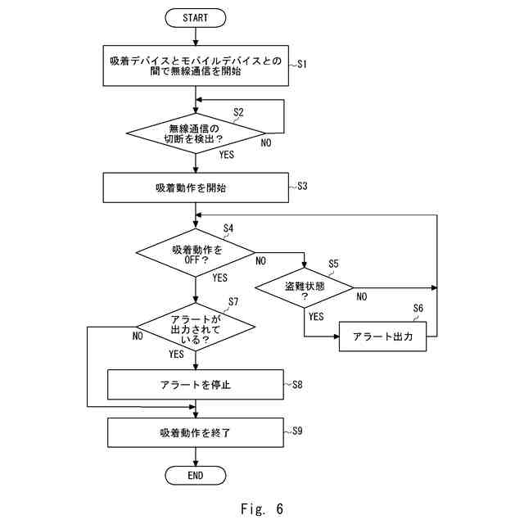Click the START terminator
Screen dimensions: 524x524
[196, 18]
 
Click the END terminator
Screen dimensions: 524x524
[196, 475]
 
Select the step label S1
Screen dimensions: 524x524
[302, 64]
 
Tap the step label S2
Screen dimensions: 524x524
[238, 112]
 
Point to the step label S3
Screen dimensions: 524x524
[302, 186]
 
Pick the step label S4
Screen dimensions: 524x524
[228, 228]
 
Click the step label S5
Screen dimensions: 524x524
[333, 264]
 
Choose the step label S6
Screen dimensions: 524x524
[418, 308]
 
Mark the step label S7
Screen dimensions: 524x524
[233, 302]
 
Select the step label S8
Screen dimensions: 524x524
[297, 385]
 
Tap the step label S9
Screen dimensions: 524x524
[297, 431]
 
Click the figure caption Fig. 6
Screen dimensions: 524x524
[262, 509]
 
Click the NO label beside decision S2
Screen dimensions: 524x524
[266, 142]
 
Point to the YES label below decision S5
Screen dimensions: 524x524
[316, 316]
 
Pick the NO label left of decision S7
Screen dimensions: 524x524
[138, 336]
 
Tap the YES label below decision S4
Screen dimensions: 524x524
[220, 278]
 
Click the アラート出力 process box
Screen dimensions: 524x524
[382, 337]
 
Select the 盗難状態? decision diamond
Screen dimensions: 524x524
[304, 287]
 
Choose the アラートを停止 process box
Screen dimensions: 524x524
[196, 385]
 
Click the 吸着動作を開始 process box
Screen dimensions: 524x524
[196, 187]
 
